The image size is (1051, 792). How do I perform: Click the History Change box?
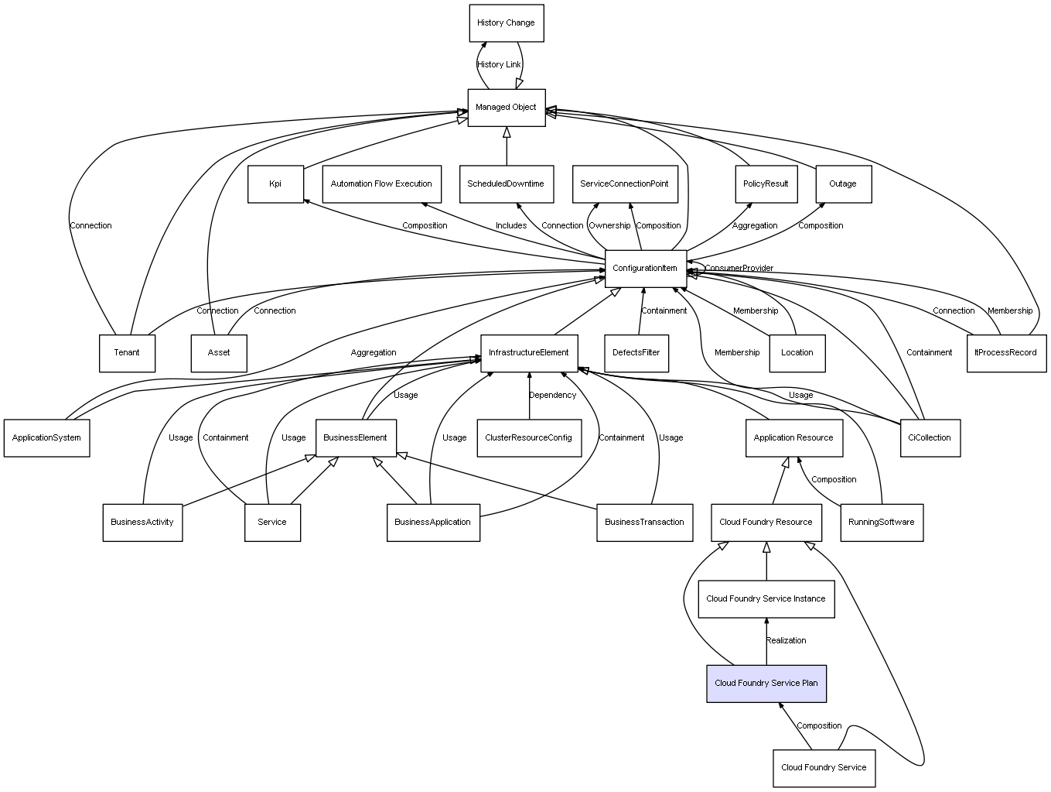(507, 23)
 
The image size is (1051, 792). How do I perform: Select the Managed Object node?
(507, 108)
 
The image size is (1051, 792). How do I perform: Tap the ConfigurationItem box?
(645, 268)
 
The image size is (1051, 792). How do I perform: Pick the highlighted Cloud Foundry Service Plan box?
(766, 684)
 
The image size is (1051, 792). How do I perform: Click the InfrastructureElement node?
(529, 353)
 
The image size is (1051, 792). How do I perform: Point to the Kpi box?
(275, 184)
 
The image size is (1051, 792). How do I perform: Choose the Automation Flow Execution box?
(381, 184)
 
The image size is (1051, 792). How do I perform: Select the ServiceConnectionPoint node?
(625, 184)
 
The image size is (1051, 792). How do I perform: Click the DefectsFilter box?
(636, 353)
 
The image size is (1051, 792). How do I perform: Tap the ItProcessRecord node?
(1006, 353)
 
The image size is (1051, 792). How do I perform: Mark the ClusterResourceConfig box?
(529, 438)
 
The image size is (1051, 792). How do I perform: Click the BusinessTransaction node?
(644, 523)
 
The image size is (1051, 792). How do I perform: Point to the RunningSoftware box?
(882, 523)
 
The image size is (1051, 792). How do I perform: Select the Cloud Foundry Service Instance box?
(766, 599)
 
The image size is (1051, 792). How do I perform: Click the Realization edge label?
(787, 641)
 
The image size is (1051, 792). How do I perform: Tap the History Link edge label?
(499, 65)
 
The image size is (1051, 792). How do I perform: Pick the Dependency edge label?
(553, 396)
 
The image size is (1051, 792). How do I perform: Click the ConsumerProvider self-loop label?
(739, 269)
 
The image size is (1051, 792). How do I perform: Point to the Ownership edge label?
(609, 226)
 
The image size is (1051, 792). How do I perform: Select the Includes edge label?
(511, 226)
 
